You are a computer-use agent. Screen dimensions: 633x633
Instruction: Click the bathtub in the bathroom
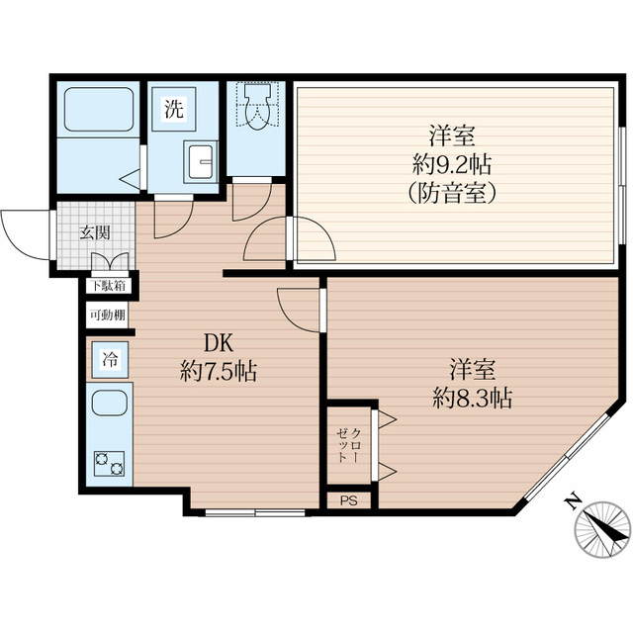pyautogui.click(x=99, y=110)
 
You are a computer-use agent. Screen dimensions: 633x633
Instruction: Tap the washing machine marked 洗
pyautogui.click(x=174, y=109)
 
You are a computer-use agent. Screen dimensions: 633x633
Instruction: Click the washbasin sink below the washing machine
pyautogui.click(x=200, y=161)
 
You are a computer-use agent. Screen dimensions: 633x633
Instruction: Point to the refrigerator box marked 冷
pyautogui.click(x=110, y=360)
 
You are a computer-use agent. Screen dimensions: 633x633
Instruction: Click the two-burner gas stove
pyautogui.click(x=110, y=464)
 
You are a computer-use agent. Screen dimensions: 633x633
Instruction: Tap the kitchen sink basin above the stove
pyautogui.click(x=110, y=404)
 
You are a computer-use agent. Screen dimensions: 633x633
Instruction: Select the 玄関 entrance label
pyautogui.click(x=95, y=233)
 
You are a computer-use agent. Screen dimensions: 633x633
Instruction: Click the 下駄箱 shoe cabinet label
pyautogui.click(x=108, y=286)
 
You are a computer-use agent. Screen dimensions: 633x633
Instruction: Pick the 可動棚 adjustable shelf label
pyautogui.click(x=108, y=315)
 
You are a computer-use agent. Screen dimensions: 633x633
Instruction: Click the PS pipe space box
pyautogui.click(x=349, y=500)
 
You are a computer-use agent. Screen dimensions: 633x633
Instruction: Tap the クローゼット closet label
pyautogui.click(x=348, y=445)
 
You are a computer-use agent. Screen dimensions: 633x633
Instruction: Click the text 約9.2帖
pyautogui.click(x=452, y=165)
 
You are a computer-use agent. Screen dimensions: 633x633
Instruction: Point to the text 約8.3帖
pyautogui.click(x=473, y=399)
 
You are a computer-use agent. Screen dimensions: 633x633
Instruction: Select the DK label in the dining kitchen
pyautogui.click(x=219, y=343)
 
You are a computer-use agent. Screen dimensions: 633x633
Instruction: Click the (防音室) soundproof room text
pyautogui.click(x=452, y=194)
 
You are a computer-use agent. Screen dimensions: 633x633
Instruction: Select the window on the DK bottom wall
pyautogui.click(x=255, y=512)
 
